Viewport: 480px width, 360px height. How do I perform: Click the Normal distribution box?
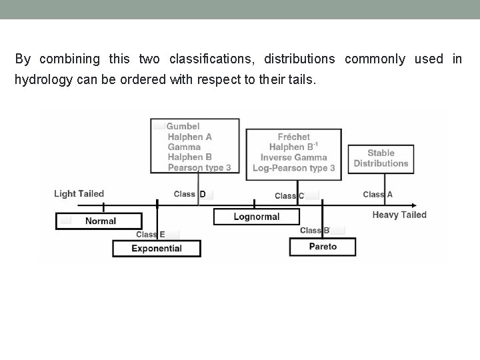point(99,221)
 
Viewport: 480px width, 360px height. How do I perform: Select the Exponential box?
point(157,249)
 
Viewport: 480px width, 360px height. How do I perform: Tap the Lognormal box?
point(257,217)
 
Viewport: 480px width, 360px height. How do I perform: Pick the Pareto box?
point(323,247)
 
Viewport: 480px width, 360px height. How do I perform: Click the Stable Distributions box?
point(381,159)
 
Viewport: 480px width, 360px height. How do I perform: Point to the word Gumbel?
point(183,127)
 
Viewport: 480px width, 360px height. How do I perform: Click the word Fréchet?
point(293,137)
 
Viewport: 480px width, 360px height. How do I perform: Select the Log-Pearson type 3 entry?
point(293,168)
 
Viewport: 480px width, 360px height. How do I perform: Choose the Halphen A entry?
point(190,137)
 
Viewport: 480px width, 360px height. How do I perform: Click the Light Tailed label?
point(79,194)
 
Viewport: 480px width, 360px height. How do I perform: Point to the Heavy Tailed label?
point(399,215)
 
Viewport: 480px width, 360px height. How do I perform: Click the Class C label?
point(290,196)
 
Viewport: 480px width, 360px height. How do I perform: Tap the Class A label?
point(378,195)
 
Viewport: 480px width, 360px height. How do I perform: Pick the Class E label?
point(151,235)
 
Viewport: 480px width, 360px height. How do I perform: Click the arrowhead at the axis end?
point(413,206)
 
